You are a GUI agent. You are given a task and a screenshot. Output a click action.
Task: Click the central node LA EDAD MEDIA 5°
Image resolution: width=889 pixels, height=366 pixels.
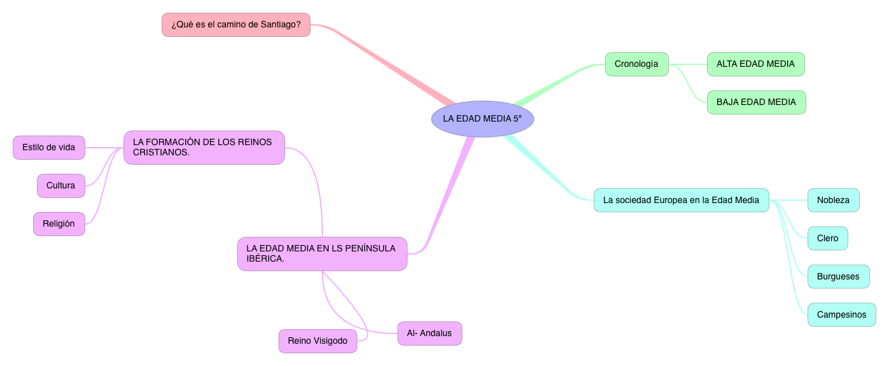pos(482,118)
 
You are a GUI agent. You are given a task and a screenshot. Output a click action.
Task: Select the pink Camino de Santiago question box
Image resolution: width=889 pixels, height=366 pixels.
pos(236,25)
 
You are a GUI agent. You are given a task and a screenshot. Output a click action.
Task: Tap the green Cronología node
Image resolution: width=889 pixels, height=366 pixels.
pos(636,64)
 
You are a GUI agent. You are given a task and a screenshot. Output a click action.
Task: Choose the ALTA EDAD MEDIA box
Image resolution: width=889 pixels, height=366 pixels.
pos(755,64)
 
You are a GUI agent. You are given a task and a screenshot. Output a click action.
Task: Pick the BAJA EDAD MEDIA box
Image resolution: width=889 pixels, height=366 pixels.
pos(756,102)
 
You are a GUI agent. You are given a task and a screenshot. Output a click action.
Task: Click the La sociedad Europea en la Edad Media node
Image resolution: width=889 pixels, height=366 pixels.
pos(681,200)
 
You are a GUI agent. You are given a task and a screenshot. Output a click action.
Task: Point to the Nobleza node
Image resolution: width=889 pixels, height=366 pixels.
pos(833,200)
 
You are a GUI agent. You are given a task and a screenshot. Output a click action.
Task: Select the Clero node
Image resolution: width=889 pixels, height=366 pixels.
pos(827,238)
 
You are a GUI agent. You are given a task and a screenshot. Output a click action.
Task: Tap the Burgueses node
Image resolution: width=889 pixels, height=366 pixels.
pos(838,276)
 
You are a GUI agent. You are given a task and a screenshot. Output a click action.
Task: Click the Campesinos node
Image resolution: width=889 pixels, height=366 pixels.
pos(841,314)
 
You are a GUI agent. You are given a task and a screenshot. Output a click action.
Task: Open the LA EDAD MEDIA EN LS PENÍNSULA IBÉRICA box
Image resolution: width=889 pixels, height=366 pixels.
pos(322,253)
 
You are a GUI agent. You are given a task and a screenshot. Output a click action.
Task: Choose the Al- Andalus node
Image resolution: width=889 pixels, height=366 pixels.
pos(430,334)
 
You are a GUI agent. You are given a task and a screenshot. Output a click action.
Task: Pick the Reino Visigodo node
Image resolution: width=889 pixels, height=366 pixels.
pos(318,341)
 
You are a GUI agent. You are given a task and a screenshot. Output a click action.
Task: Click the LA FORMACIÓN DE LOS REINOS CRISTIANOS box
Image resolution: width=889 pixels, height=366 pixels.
pos(204,147)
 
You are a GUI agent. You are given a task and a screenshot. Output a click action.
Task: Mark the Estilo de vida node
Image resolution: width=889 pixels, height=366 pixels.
pos(48,148)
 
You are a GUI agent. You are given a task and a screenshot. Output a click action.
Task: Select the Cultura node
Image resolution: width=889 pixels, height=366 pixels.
pos(60,186)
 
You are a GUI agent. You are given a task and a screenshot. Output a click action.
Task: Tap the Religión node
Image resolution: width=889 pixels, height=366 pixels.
pos(59,224)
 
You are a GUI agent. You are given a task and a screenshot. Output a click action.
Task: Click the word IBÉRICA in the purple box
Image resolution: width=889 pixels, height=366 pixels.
pos(265,259)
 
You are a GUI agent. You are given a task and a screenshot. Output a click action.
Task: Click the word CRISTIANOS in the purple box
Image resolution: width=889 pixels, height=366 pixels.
pos(161,153)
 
